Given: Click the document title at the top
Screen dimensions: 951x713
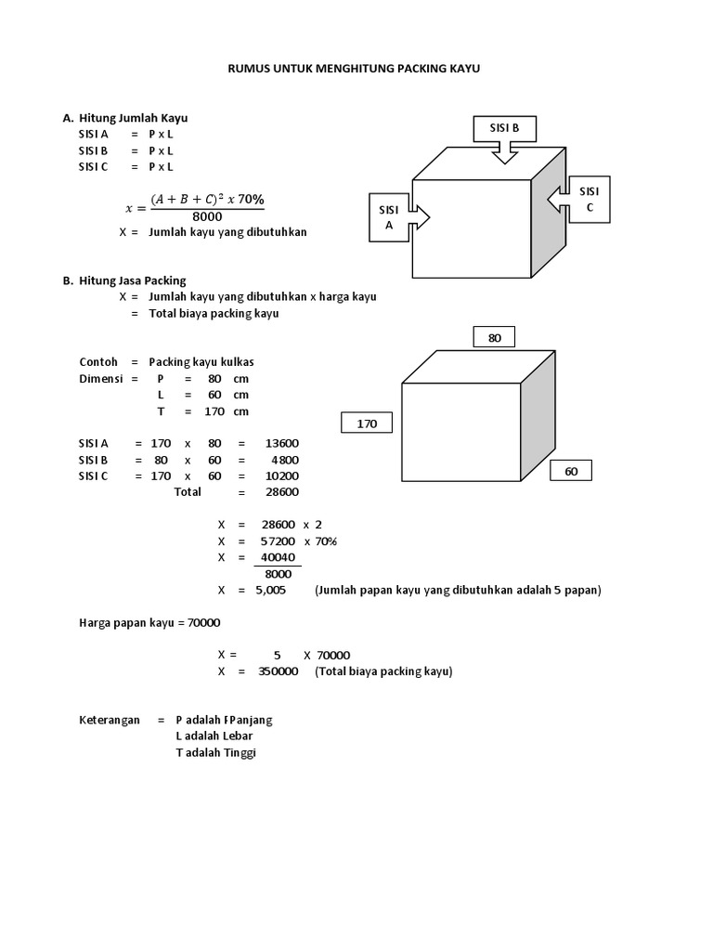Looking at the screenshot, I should pyautogui.click(x=355, y=68).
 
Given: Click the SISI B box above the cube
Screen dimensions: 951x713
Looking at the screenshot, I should pyautogui.click(x=504, y=128).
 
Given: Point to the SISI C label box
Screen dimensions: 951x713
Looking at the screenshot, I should pyautogui.click(x=589, y=199).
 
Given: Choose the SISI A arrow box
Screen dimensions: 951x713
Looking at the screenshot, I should pyautogui.click(x=390, y=217).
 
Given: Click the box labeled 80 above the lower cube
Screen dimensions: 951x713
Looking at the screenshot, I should pyautogui.click(x=494, y=338).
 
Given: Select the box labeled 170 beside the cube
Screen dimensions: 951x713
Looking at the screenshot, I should pyautogui.click(x=368, y=423).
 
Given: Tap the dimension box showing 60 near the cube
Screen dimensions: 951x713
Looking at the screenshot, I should pyautogui.click(x=571, y=471).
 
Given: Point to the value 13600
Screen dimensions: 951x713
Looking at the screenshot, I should pyautogui.click(x=280, y=443).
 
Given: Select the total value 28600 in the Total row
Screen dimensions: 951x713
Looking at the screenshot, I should pyautogui.click(x=280, y=491).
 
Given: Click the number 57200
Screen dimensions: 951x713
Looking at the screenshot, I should pyautogui.click(x=279, y=541).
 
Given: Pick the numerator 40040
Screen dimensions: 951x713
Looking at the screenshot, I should pyautogui.click(x=279, y=557).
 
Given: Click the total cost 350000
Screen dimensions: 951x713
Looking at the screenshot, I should pyautogui.click(x=278, y=671).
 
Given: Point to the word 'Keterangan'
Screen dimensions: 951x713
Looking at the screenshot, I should pyautogui.click(x=110, y=720).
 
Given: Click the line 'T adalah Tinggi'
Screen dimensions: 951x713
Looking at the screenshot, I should pyautogui.click(x=215, y=753).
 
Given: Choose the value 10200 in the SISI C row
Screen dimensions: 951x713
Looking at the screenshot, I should pyautogui.click(x=280, y=475).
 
